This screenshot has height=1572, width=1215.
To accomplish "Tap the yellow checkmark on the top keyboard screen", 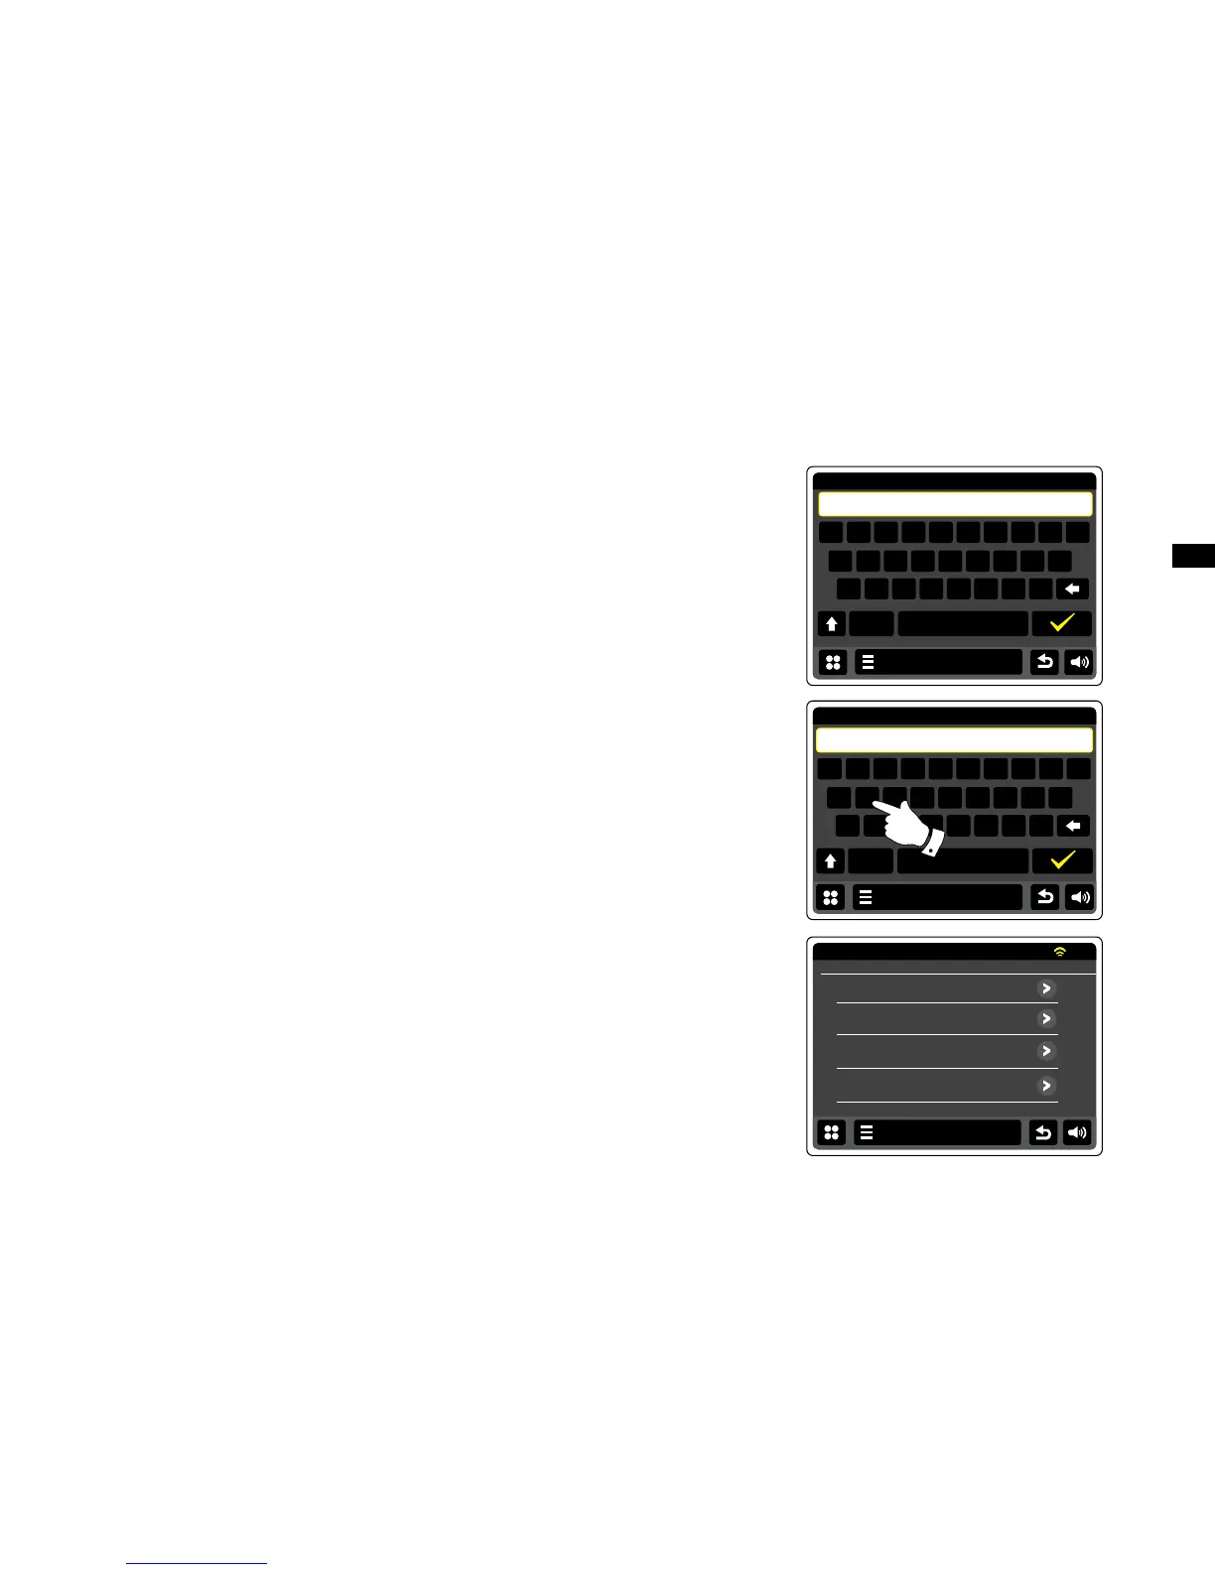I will click(x=1062, y=623).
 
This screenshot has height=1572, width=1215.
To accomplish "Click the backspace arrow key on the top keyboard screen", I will click(x=1072, y=589).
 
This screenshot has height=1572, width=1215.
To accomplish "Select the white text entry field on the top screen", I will click(x=955, y=504).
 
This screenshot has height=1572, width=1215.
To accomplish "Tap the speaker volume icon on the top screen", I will click(x=1079, y=662).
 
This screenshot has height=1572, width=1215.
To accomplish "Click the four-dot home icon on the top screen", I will click(x=833, y=662).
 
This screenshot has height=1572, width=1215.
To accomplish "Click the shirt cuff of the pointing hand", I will click(x=931, y=844).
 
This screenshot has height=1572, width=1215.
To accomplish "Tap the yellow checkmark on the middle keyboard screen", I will click(x=1062, y=860).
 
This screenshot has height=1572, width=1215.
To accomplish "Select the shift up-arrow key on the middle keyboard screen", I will click(x=831, y=861).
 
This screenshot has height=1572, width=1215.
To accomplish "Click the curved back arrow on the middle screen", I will click(x=1044, y=897).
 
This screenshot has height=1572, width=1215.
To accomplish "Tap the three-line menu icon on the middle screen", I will click(x=866, y=897).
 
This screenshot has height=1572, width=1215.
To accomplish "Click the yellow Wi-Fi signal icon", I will click(x=1060, y=952).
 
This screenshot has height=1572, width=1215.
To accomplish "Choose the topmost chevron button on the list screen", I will click(x=1045, y=988).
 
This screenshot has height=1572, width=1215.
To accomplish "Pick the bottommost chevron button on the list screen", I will click(x=1045, y=1086).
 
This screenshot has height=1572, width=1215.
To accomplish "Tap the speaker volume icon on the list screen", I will click(x=1077, y=1132).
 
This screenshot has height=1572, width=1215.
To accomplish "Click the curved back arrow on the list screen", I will click(x=1042, y=1132).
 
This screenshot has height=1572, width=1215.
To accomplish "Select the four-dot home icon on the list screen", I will click(x=832, y=1132).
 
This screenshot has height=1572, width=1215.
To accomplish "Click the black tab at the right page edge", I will click(x=1193, y=555).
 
